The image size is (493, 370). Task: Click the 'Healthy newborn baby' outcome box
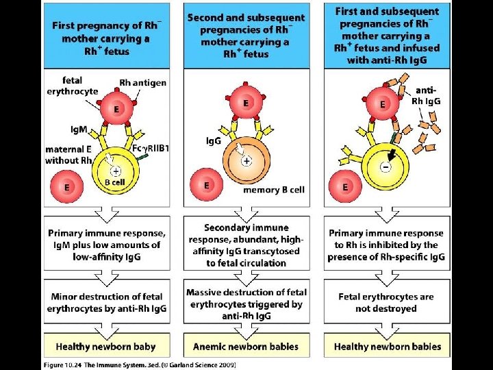pos(106,346)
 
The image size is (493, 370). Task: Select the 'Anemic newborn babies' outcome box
pos(246,346)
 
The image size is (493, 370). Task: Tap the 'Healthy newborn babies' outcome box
pos(387,346)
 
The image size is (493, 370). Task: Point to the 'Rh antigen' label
pos(142,83)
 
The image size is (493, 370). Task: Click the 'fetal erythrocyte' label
pos(72,86)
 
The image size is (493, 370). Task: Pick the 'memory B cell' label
pos(274,190)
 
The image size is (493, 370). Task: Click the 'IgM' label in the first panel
pos(76,128)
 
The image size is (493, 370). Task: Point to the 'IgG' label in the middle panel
pos(214,140)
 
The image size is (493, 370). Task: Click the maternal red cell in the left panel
pos(67,186)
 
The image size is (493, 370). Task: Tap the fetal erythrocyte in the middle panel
pos(246,103)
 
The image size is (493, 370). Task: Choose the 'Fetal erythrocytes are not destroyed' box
pos(387,303)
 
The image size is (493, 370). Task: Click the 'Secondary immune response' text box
pos(246,245)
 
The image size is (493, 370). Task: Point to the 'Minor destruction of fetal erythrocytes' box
pos(106,303)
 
